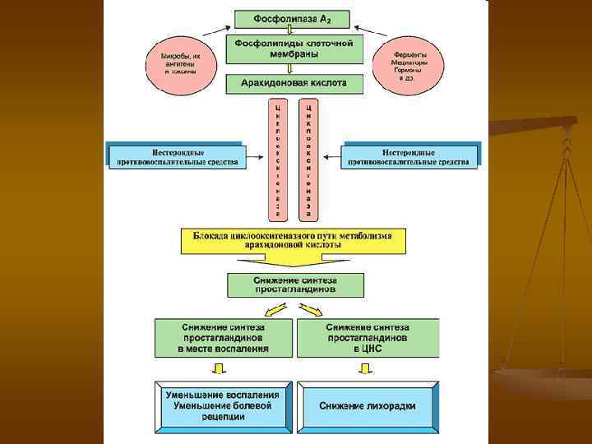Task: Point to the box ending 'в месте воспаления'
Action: [223, 337]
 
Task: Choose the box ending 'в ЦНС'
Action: [368, 337]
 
